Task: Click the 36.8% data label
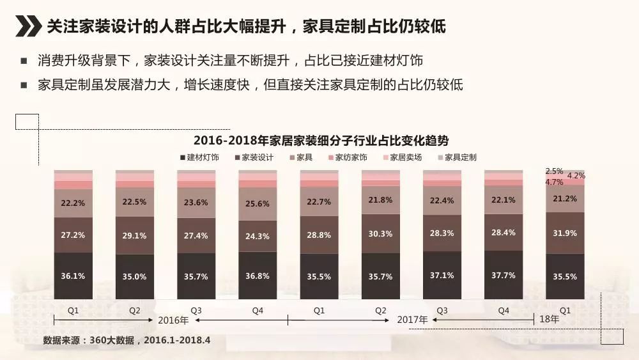[x=258, y=276]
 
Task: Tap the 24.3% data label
[x=258, y=236]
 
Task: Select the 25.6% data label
[x=258, y=204]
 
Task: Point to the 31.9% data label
[x=565, y=233]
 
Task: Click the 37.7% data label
[x=504, y=276]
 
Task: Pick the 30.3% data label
[x=380, y=233]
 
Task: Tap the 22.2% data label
[x=73, y=203]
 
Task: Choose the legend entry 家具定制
[x=457, y=157]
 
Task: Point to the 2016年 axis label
[x=173, y=320]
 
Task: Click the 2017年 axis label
[x=413, y=319]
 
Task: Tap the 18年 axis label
[x=549, y=319]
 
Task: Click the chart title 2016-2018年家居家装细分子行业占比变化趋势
[x=321, y=141]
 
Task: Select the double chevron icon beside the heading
[x=28, y=27]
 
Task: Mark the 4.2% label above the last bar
[x=576, y=176]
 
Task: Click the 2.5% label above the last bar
[x=554, y=171]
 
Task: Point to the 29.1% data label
[x=134, y=235]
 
